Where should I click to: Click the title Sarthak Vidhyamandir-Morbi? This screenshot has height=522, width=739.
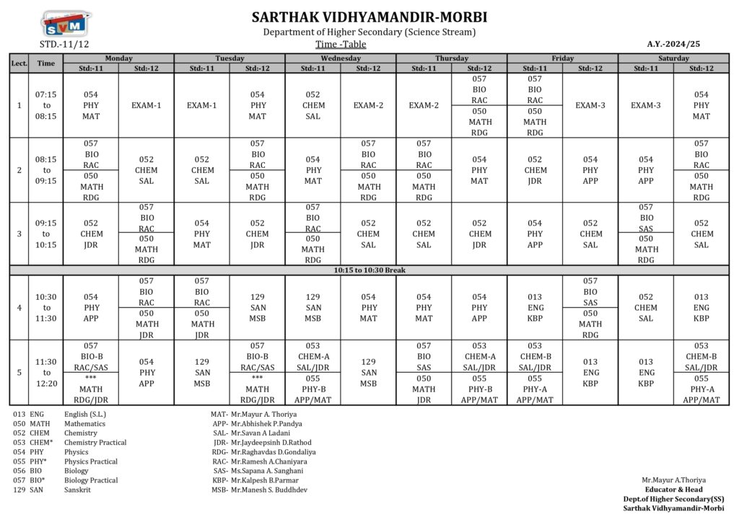pos(369,17)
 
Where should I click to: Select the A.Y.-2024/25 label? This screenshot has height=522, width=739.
pos(673,44)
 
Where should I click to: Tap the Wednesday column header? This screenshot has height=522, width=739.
pos(341,58)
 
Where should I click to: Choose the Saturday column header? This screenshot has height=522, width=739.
pos(673,58)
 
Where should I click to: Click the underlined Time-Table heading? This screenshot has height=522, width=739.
pos(341,44)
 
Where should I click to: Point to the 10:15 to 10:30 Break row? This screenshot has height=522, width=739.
pos(369,270)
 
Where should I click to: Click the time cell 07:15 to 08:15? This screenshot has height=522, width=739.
pos(46,105)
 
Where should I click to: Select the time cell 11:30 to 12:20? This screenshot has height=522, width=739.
pos(46,373)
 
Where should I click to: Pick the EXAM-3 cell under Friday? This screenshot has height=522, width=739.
pos(590,105)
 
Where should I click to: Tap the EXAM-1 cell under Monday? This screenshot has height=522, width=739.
pos(147,105)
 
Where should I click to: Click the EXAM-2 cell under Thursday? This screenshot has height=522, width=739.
pos(424,105)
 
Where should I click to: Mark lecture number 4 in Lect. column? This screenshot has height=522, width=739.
pos(19,308)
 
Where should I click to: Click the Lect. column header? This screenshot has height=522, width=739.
pos(19,63)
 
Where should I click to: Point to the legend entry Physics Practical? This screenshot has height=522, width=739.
pos(65,461)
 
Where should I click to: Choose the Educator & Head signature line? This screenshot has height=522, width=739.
pos(674,490)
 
